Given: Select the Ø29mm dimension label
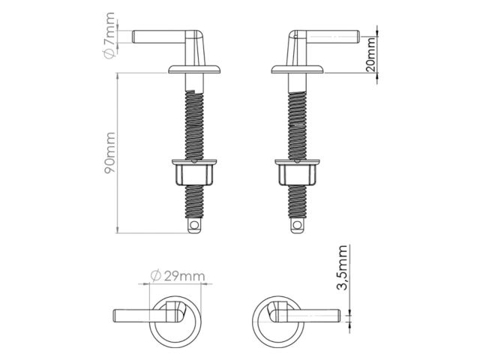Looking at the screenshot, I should pyautogui.click(x=178, y=277).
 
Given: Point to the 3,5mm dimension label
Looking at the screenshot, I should pyautogui.click(x=344, y=270).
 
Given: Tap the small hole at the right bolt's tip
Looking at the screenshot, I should pyautogui.click(x=298, y=224).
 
